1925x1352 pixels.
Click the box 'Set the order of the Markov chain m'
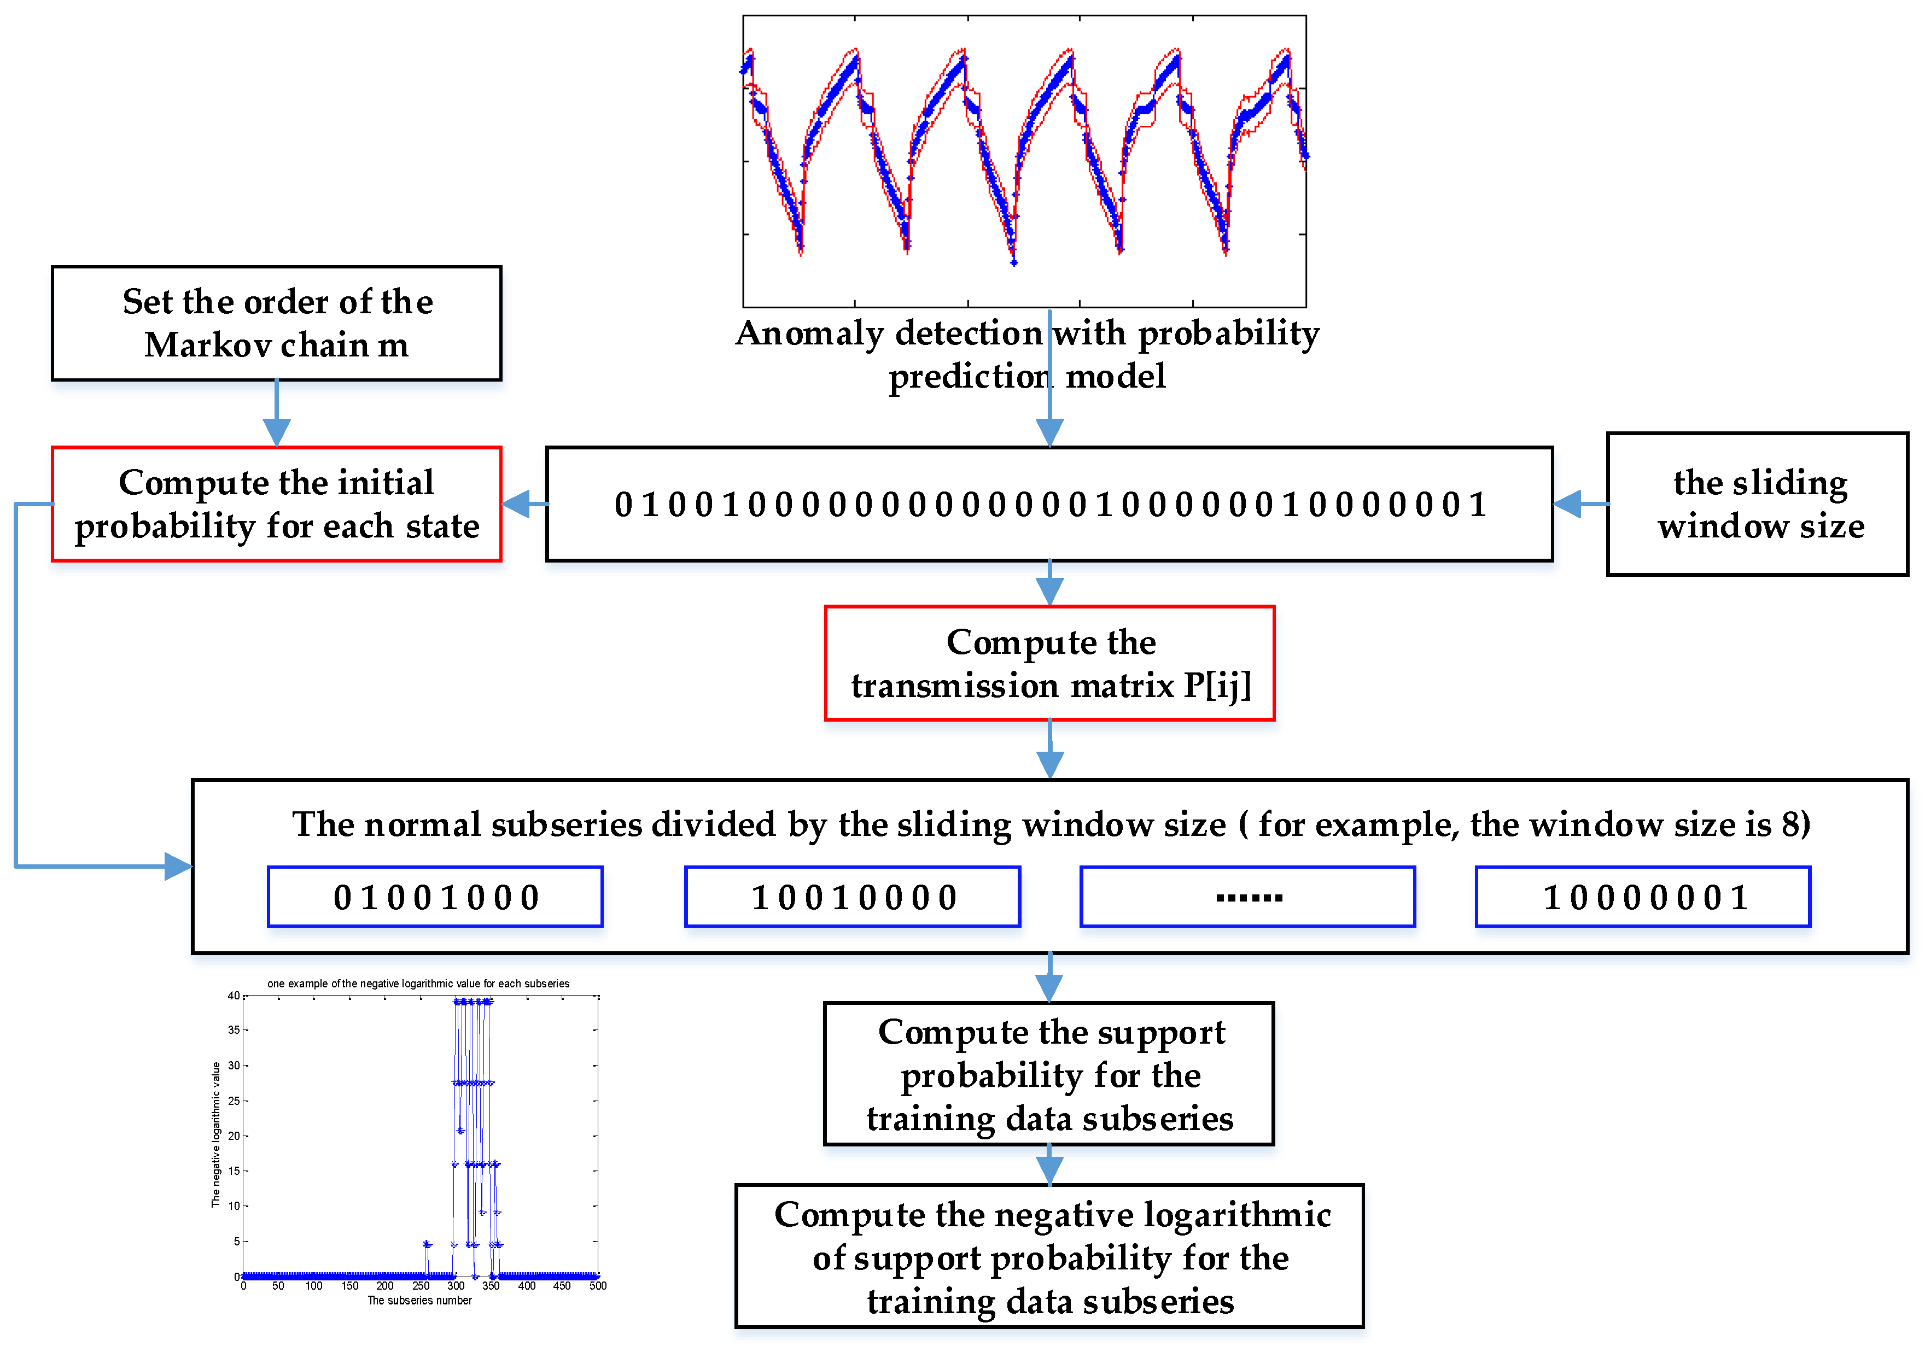click(277, 324)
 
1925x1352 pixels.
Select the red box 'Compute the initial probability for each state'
click(277, 504)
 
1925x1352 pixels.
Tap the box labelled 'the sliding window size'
click(1757, 504)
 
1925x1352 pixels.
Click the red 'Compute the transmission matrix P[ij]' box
click(1049, 663)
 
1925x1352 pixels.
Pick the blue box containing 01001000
click(435, 897)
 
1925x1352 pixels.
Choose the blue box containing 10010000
click(853, 897)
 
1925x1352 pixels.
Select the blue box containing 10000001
click(1643, 897)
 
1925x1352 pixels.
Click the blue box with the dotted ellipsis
click(1247, 897)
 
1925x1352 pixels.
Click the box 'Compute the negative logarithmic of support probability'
click(1049, 1256)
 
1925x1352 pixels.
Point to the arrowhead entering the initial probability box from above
click(277, 432)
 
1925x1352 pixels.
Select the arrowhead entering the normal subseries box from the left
click(178, 866)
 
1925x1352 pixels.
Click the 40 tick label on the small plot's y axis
click(234, 996)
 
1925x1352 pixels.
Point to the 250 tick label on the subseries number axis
click(421, 1286)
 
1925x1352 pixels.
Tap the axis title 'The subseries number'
click(419, 1301)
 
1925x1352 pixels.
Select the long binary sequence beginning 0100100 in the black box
click(1049, 504)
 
